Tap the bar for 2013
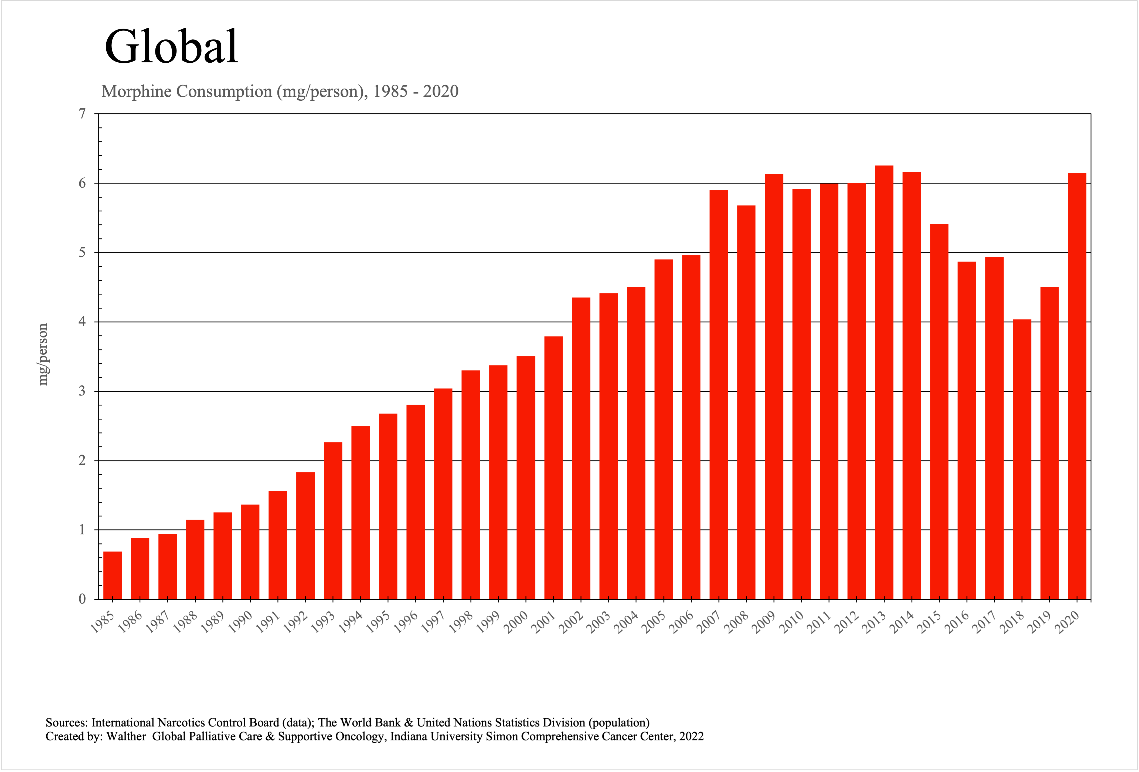884,382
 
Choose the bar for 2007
719,395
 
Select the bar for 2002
581,449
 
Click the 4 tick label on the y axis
82,322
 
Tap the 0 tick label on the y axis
82,599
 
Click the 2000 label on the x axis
516,622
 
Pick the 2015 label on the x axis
930,622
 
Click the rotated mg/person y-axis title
43,354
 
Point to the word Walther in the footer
127,736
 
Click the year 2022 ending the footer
692,736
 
